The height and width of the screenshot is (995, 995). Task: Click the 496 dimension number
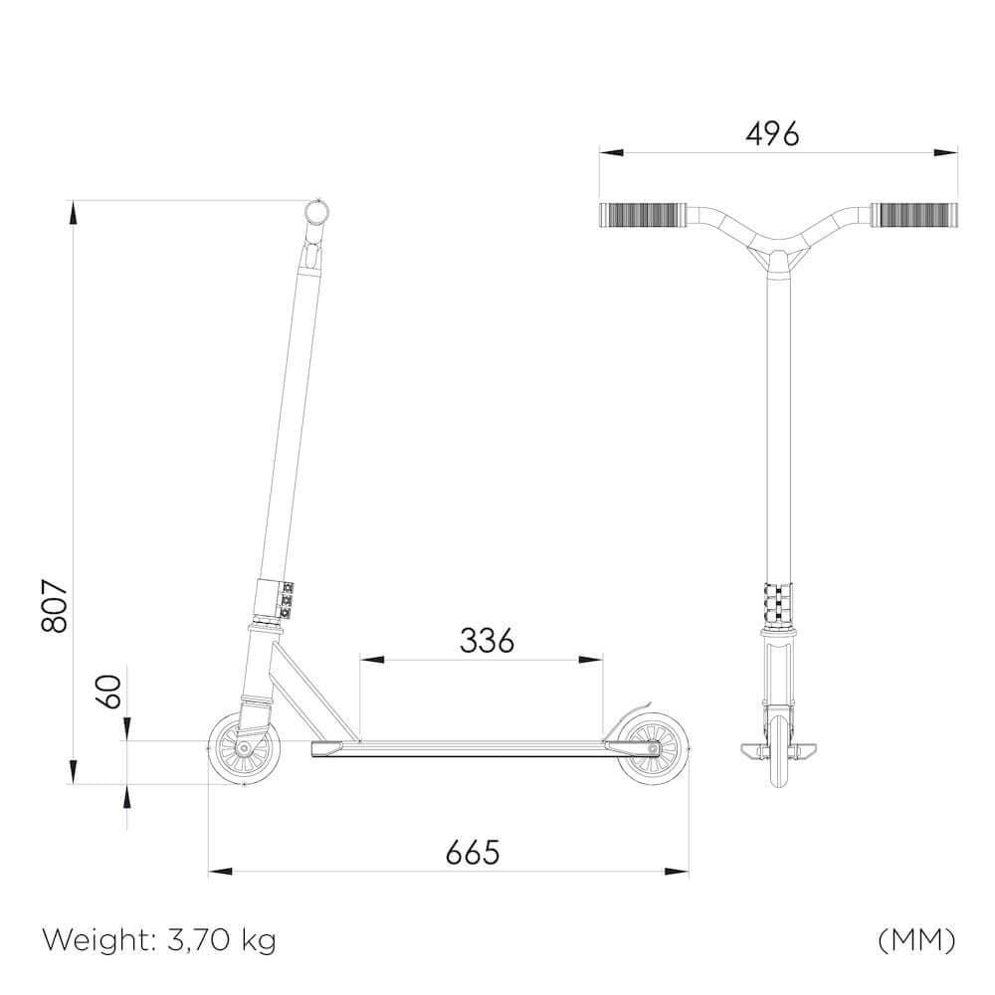click(772, 133)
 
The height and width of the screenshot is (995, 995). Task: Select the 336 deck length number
click(487, 641)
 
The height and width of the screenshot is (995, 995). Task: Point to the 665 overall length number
click(472, 853)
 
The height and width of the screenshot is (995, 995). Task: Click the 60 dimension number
click(112, 692)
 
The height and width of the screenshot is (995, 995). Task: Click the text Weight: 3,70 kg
click(159, 939)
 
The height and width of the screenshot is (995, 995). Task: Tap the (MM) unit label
click(916, 939)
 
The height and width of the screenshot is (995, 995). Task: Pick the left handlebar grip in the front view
click(643, 214)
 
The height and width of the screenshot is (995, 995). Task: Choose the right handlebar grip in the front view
click(913, 214)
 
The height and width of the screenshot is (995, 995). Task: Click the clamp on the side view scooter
click(273, 599)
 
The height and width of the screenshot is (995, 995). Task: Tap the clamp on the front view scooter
click(778, 602)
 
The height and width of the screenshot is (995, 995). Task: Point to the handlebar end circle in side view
click(317, 213)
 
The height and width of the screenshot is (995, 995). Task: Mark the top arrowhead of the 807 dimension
click(72, 211)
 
